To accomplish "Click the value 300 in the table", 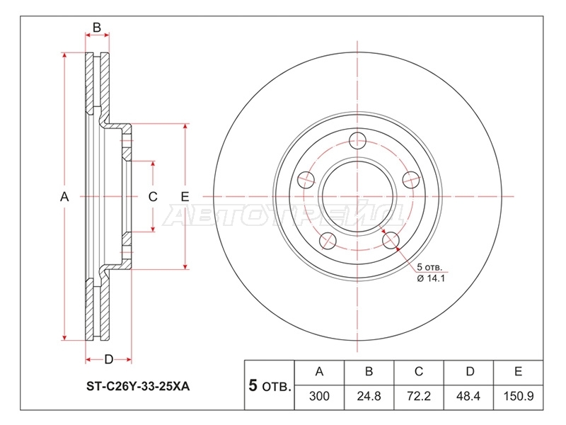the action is (319, 396).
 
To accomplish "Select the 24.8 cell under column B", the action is (369, 396).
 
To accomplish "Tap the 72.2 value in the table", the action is (419, 396).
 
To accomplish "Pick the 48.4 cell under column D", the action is (468, 396).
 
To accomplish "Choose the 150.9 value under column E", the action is (519, 396).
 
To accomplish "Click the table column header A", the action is (319, 371).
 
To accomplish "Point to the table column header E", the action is (519, 371).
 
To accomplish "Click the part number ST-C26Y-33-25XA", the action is (137, 386).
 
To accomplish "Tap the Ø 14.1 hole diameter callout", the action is (431, 278).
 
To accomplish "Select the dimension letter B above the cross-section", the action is (97, 28).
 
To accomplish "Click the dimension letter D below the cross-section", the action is (109, 360).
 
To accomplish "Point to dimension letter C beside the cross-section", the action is (153, 197).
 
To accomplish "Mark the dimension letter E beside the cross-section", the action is (185, 197).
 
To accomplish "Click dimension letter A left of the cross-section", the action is (64, 197).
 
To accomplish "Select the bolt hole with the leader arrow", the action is (391, 240).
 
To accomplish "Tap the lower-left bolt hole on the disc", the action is (328, 241).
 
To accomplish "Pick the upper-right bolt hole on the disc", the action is (411, 179).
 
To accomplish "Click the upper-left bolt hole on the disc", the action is (306, 180).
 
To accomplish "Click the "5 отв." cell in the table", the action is (270, 385).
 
